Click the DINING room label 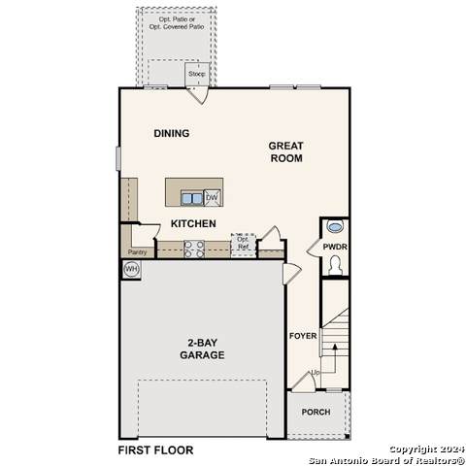point(172,133)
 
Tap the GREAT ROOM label point(286,151)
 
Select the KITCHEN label point(193,223)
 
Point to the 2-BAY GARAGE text point(202,349)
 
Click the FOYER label point(303,336)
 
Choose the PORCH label point(316,412)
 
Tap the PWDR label point(335,247)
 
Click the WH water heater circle point(131,269)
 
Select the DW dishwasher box point(212,197)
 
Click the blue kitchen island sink point(192,198)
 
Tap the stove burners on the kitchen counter point(194,250)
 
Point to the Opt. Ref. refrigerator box point(244,244)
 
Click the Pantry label point(137,252)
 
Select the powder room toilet point(335,265)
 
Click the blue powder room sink point(335,226)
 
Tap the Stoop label point(197,74)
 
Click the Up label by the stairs point(316,373)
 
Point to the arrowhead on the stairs point(335,347)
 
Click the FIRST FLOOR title point(155,450)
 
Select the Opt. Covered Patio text point(177,27)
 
